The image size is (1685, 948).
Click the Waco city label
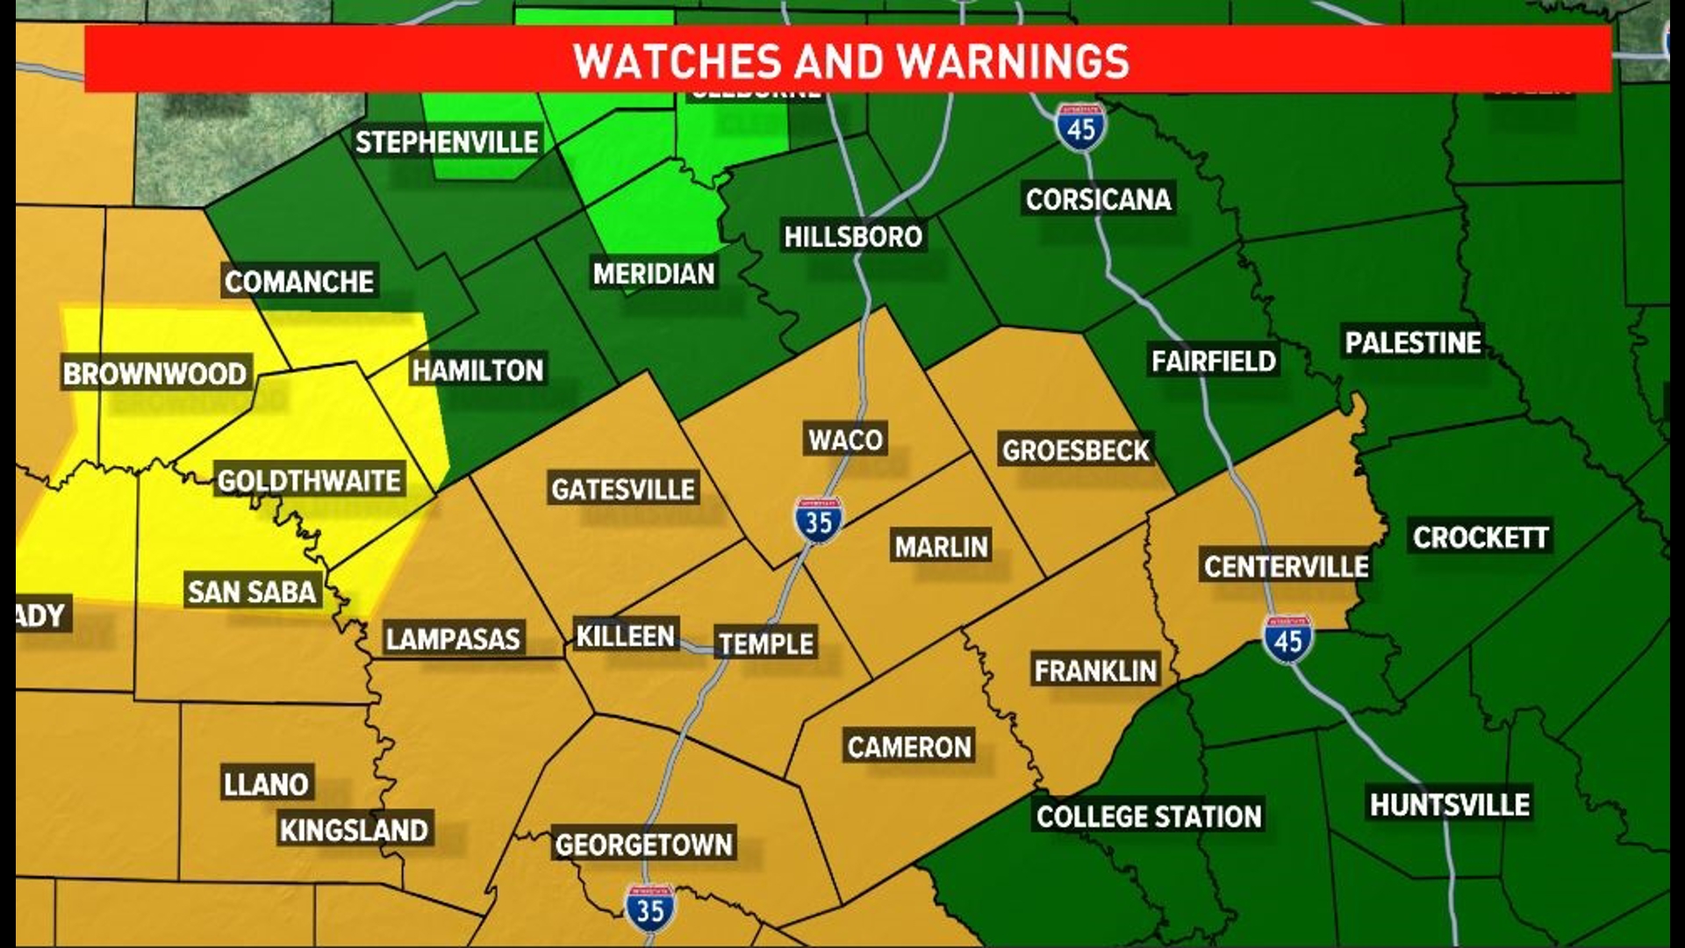coord(845,439)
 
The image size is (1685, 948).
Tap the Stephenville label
coord(447,142)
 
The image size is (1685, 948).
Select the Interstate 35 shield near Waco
coord(819,521)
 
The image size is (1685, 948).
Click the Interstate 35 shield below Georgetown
coord(649,908)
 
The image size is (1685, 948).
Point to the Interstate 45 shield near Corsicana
coord(1080,128)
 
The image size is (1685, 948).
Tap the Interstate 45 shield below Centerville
coord(1287,639)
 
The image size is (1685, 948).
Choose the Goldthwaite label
coord(309,481)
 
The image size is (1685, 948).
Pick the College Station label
coord(1149,816)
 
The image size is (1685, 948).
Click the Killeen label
coord(625,636)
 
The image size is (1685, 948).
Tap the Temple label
coord(766,643)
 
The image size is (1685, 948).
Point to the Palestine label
coord(1413,342)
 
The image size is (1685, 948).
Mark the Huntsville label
coord(1450,804)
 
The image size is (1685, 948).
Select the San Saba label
coord(252,592)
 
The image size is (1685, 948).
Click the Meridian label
coord(654,274)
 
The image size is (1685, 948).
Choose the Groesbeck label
coord(1075,450)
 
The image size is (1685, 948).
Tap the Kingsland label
coord(354,829)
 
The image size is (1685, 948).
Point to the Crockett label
coord(1481,537)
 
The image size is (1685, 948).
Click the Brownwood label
coord(155,374)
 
